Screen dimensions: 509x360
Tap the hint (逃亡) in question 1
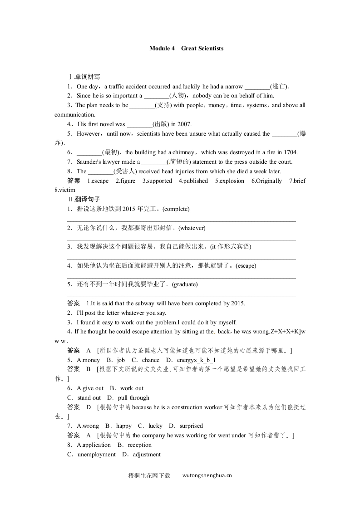(279, 86)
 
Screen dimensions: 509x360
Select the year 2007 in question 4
(185, 124)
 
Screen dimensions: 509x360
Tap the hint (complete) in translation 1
(176, 209)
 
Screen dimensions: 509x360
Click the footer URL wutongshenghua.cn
(207, 476)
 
